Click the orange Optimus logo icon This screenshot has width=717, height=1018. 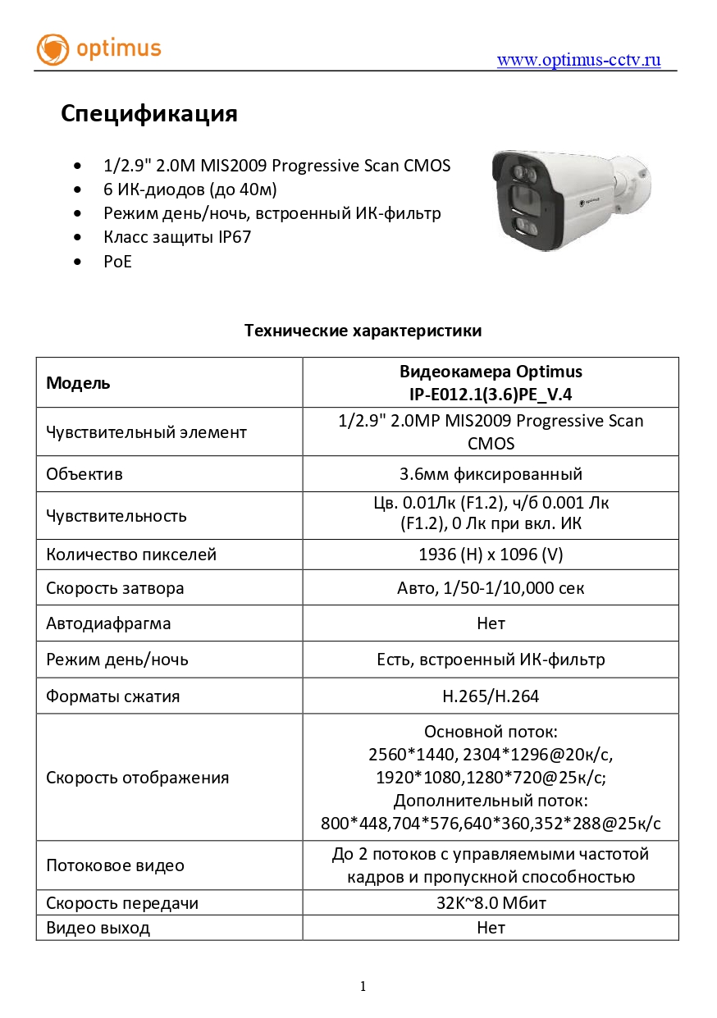[53, 49]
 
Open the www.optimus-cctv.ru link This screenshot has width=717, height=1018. [578, 60]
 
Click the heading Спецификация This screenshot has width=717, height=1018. [148, 113]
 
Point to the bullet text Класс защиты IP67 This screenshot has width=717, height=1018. [176, 237]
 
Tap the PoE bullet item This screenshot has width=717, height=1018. [117, 262]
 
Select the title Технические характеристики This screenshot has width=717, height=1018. [363, 331]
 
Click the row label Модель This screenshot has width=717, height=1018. [78, 382]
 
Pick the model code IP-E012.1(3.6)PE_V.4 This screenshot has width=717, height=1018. [491, 394]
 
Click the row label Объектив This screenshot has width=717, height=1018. [84, 474]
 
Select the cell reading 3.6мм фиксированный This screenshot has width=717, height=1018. [491, 474]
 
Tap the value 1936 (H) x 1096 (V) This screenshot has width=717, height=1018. [491, 555]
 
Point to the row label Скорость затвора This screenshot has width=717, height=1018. [115, 588]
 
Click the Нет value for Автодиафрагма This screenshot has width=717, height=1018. [491, 623]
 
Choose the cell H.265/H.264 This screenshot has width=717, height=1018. [491, 696]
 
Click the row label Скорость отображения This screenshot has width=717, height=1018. [137, 778]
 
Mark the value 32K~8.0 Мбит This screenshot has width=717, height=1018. [491, 903]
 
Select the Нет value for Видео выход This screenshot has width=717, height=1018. [491, 928]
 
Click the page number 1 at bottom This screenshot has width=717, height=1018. [363, 987]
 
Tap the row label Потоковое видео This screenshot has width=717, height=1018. [115, 865]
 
